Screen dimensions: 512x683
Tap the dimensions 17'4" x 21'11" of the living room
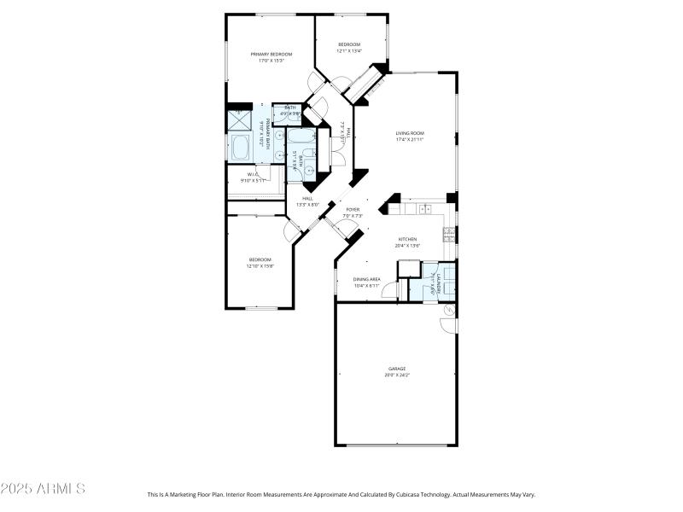(x=410, y=140)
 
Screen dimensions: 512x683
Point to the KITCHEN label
(x=408, y=239)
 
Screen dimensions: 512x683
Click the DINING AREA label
(x=367, y=278)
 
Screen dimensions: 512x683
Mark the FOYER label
(x=353, y=209)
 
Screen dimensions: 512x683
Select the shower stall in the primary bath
(x=238, y=120)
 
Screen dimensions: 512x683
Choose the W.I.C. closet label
(x=253, y=174)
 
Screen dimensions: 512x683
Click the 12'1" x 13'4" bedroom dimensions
(x=349, y=51)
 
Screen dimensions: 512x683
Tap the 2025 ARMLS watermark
(x=43, y=490)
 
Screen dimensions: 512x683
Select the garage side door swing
(x=447, y=323)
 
